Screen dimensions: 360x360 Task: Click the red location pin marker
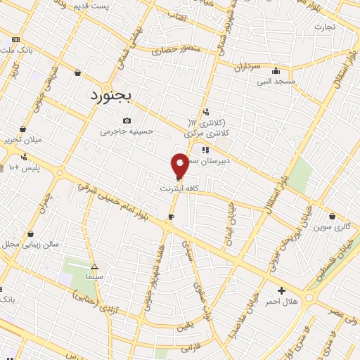[180, 165]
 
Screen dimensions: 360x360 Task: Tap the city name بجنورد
[116, 96]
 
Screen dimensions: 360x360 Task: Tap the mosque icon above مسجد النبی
[276, 70]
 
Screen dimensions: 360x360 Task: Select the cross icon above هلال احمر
[281, 290]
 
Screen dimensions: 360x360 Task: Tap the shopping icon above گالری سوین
[332, 215]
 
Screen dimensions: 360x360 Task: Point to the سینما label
[94, 278]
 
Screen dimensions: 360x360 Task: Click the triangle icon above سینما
[95, 266]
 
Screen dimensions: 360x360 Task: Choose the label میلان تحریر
[22, 140]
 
